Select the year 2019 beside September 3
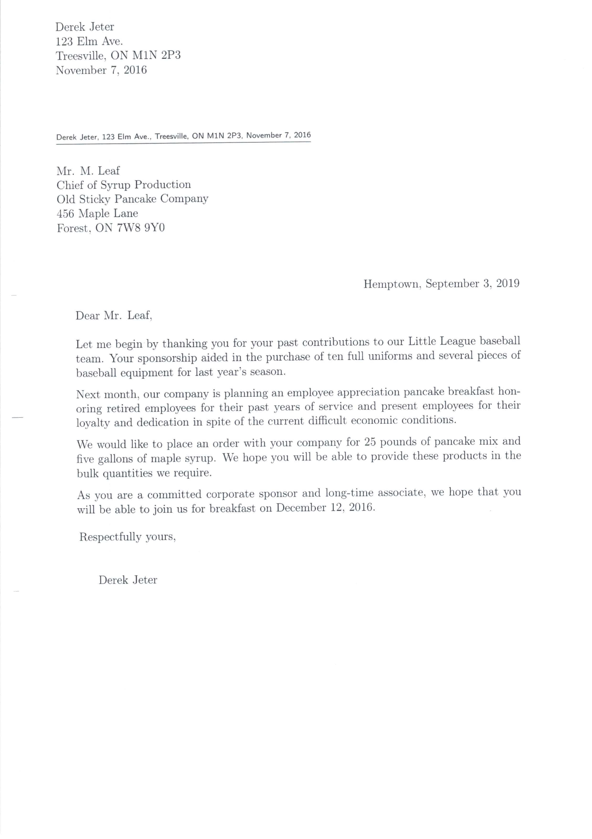pyautogui.click(x=508, y=284)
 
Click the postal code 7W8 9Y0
pyautogui.click(x=141, y=228)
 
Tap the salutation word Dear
pyautogui.click(x=87, y=315)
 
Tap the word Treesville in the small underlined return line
pyautogui.click(x=171, y=136)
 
